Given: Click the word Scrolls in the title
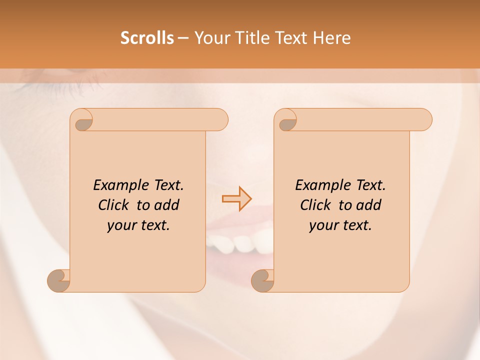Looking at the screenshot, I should (147, 38).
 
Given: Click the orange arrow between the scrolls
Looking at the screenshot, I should (236, 199).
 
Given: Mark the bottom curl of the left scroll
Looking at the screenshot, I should (58, 280).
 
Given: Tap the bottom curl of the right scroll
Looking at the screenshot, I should (262, 280).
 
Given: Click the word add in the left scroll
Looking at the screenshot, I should (167, 205).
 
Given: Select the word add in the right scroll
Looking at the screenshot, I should (369, 205).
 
